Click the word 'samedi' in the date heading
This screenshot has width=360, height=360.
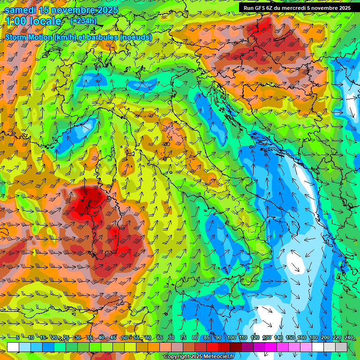tap(21, 10)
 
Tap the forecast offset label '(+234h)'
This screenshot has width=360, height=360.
tap(83, 21)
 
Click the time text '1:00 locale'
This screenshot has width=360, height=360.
tap(33, 21)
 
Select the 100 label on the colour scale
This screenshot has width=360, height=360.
tap(232, 337)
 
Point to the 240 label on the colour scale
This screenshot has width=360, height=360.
tap(348, 337)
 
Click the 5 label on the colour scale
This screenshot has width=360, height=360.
tap(18, 337)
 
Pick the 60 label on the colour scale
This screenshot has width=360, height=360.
tap(148, 337)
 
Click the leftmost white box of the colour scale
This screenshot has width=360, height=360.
tap(13, 347)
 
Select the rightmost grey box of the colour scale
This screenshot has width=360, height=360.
tap(341, 347)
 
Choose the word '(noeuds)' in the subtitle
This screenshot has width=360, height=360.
tap(136, 37)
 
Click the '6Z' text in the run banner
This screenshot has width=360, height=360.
tap(274, 8)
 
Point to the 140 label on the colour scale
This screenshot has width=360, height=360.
tap(278, 337)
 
